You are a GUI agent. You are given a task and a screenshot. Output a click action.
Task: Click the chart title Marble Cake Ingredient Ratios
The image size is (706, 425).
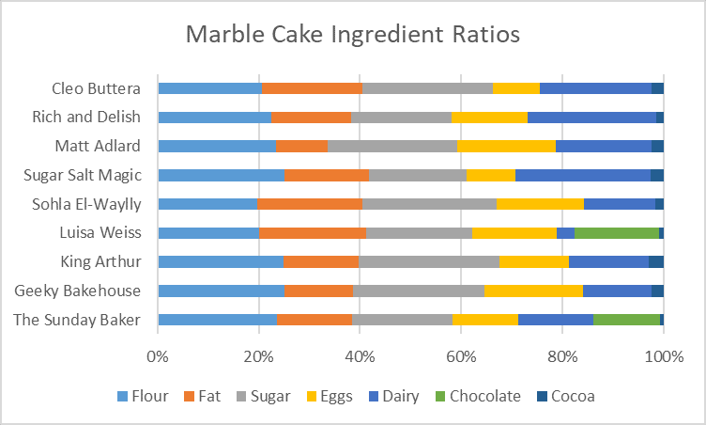point(352,35)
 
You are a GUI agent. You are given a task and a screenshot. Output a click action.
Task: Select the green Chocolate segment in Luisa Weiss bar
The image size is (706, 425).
point(616,233)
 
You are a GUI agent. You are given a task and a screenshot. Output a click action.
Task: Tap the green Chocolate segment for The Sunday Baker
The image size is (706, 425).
point(626,320)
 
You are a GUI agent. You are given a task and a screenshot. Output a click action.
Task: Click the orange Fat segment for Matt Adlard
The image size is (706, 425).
point(301,146)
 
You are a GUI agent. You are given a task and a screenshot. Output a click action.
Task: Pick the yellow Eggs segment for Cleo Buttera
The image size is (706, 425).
point(516,88)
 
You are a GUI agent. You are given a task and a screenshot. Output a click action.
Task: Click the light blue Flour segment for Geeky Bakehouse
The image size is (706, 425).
point(221,291)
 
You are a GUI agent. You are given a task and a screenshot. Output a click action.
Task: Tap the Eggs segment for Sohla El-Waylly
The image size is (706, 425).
point(540,204)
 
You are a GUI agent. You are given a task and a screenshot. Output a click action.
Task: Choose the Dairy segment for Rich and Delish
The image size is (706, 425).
point(591,118)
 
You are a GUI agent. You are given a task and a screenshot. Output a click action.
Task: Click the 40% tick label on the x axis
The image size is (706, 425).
point(360,356)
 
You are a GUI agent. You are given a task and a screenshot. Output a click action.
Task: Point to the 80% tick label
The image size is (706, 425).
point(562,356)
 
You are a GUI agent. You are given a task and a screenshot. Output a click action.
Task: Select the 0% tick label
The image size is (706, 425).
point(157,356)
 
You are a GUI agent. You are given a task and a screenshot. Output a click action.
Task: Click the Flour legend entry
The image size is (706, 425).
point(143,396)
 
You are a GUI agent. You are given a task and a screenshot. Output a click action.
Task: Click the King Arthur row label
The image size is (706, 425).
point(100,261)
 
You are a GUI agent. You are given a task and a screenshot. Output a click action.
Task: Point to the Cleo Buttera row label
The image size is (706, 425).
point(96,88)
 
